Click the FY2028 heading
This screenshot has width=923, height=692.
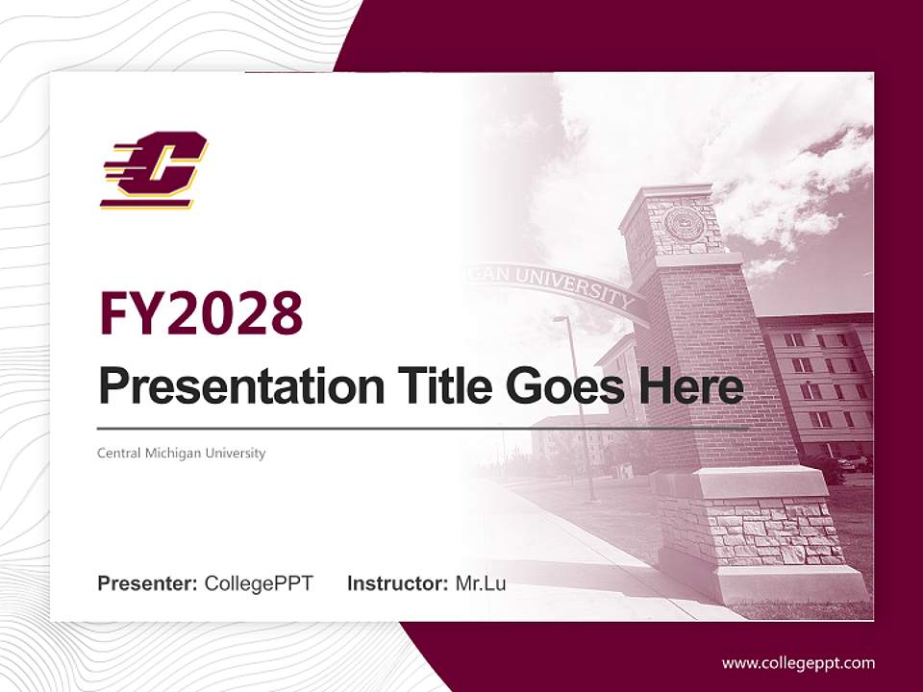[x=201, y=314]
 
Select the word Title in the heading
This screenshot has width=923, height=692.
[x=437, y=387]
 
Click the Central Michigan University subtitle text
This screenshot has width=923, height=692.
[x=181, y=453]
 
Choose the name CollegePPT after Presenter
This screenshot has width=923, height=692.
[x=259, y=583]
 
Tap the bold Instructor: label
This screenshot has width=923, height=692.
[x=398, y=583]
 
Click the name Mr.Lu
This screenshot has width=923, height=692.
[x=480, y=583]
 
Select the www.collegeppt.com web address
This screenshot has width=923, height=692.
[x=798, y=663]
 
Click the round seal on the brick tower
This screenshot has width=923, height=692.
[x=684, y=225]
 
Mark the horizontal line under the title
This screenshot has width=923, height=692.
[x=423, y=428]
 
